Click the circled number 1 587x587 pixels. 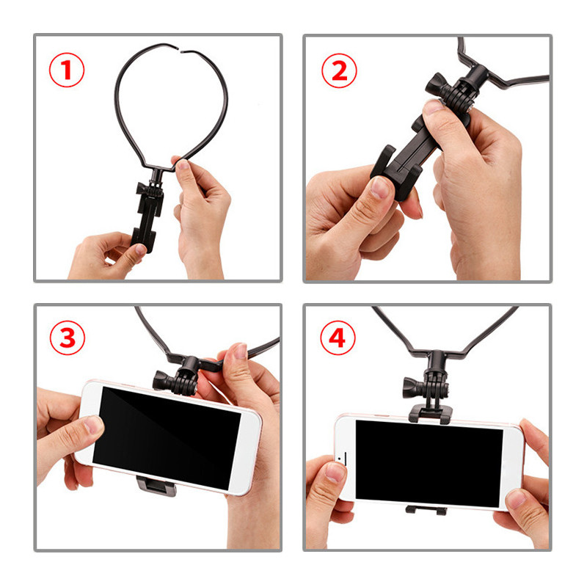pos(67,70)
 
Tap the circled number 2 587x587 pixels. pos(338,70)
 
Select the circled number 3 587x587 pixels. pos(67,338)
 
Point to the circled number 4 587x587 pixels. pos(338,338)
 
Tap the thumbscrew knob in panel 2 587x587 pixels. pos(435,88)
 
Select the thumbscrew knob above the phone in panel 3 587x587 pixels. pos(162,379)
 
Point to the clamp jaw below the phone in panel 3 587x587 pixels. pos(156,485)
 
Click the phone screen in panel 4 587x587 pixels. pos(429,462)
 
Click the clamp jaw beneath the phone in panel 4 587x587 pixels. pos(426,508)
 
